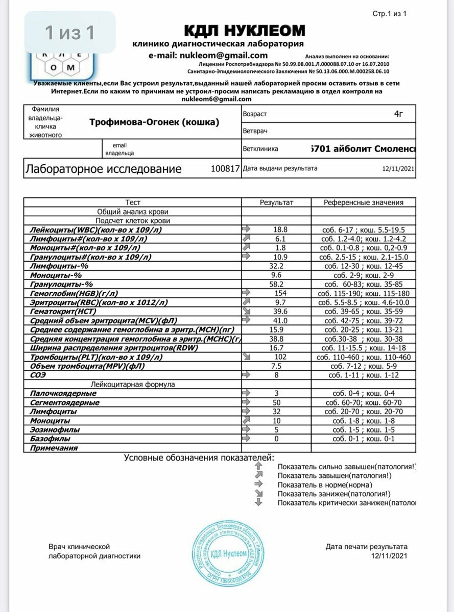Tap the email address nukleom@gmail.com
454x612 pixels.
208,56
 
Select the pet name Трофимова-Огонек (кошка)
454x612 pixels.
154,122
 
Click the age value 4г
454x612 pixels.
398,114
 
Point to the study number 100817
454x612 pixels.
225,169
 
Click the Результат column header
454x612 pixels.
276,202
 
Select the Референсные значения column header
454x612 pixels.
363,202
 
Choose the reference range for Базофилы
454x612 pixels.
363,439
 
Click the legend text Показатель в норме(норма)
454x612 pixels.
325,485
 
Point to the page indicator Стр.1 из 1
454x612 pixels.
389,14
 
